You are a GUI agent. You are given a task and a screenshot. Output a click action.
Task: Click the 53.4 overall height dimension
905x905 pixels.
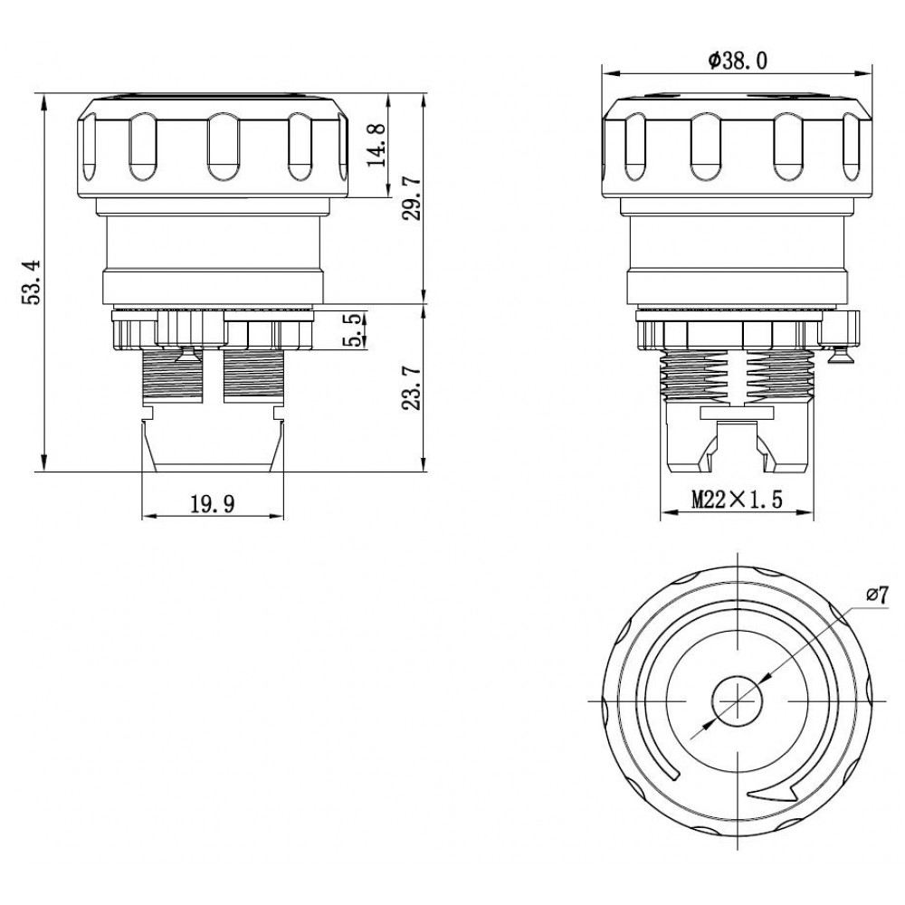[31, 282]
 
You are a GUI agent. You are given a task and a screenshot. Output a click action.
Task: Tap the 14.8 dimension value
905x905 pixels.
[377, 144]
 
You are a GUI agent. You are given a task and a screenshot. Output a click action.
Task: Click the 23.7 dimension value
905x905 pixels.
[412, 388]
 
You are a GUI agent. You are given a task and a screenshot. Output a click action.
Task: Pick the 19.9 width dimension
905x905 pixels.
[213, 505]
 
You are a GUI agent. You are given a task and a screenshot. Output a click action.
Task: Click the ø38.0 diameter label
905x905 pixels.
[738, 61]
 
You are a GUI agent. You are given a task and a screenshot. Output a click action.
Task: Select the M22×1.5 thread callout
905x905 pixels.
[737, 500]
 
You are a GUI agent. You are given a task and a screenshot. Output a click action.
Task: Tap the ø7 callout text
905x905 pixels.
[877, 595]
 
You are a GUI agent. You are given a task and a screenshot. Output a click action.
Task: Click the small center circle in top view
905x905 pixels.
[738, 701]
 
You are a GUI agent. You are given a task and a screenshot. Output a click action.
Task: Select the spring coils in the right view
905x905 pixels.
[737, 376]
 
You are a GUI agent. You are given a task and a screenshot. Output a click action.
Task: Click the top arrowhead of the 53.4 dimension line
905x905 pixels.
[43, 96]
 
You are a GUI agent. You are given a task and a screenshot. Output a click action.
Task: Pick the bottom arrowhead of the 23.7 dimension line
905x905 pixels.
[424, 471]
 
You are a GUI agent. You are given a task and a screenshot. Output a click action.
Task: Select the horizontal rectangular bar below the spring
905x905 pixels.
[737, 413]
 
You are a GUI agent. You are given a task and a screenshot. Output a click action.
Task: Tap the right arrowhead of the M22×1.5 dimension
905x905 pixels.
[814, 511]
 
